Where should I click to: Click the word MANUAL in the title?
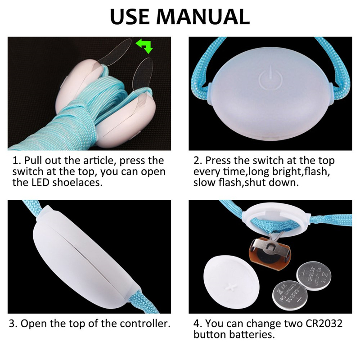pos(203,17)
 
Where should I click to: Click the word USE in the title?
pos(130,17)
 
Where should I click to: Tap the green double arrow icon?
pos(144,45)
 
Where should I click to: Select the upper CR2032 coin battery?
pos(314,276)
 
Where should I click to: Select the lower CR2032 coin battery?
pos(290,295)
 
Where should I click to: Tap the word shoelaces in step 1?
pos(77,183)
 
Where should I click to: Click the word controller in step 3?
pos(145,324)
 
